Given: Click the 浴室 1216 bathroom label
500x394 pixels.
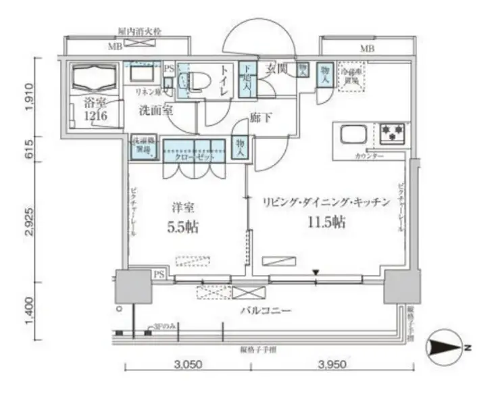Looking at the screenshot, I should point(95,110).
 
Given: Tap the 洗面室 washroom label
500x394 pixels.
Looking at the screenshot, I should point(156,110).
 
